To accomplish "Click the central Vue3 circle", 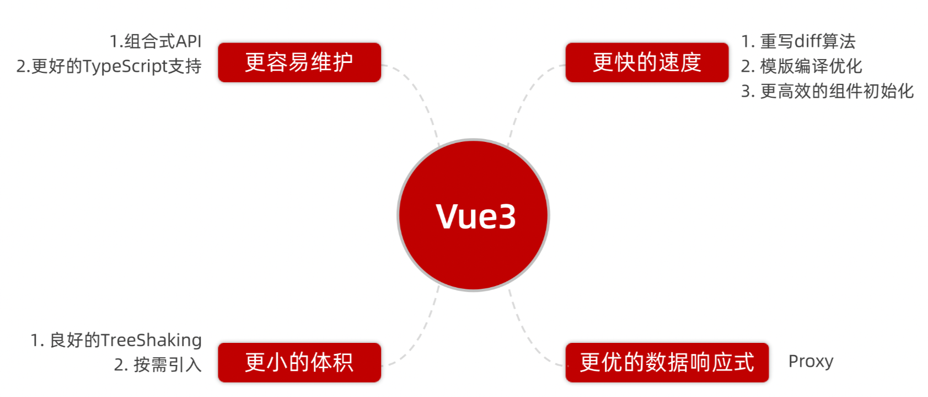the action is pyautogui.click(x=473, y=215).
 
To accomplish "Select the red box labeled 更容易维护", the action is pyautogui.click(x=299, y=62).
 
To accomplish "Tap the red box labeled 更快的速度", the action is pyautogui.click(x=647, y=62).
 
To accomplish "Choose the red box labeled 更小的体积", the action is pyautogui.click(x=299, y=362).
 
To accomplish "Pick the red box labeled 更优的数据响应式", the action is pyautogui.click(x=667, y=362).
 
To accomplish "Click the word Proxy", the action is pyautogui.click(x=811, y=361).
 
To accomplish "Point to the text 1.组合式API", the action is pyautogui.click(x=155, y=41).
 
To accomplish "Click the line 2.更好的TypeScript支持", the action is pyautogui.click(x=109, y=66).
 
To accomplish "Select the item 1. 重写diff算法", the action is pyautogui.click(x=798, y=41).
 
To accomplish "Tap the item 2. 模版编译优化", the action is pyautogui.click(x=801, y=66).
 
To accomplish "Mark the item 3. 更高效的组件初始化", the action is pyautogui.click(x=827, y=91).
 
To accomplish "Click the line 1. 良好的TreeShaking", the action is pyautogui.click(x=116, y=340).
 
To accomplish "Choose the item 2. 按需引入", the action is pyautogui.click(x=158, y=364).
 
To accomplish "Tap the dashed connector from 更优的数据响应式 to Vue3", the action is pyautogui.click(x=524, y=331).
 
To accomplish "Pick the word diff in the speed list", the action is pyautogui.click(x=808, y=41).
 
